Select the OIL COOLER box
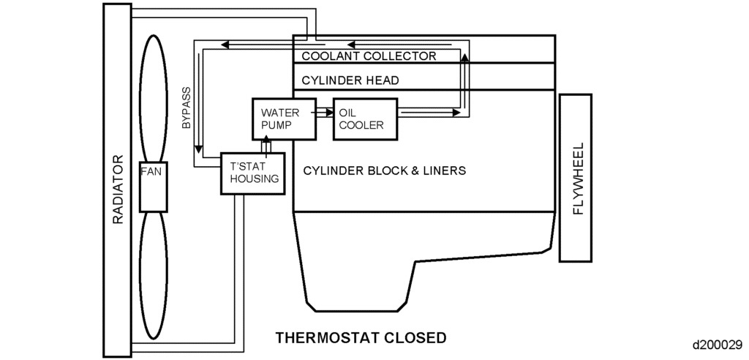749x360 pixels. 364,119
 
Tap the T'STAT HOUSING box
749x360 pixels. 252,173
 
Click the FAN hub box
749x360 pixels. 154,187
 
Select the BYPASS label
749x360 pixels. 187,110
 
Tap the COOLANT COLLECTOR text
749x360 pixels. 369,56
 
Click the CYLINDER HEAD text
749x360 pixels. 346,80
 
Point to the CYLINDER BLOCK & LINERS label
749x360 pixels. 384,170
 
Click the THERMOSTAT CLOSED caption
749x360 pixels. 360,338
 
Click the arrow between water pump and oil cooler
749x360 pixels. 323,113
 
